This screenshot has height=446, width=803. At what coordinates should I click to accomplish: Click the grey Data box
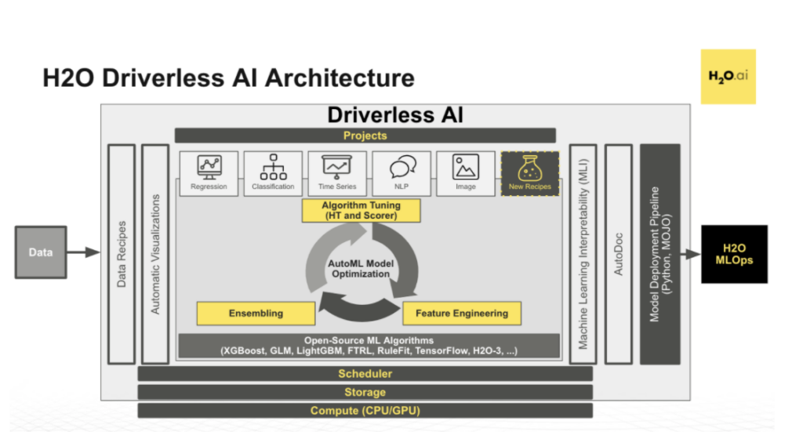pyautogui.click(x=41, y=252)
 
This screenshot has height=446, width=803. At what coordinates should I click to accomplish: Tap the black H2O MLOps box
pyautogui.click(x=733, y=254)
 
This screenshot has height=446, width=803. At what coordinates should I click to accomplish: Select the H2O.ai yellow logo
pyautogui.click(x=728, y=77)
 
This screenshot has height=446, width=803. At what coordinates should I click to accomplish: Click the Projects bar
pyautogui.click(x=365, y=136)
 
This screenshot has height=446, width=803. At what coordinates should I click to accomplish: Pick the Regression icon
pyautogui.click(x=209, y=166)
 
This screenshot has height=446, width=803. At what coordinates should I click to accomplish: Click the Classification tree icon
pyautogui.click(x=273, y=166)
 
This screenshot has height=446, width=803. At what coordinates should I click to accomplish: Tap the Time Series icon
pyautogui.click(x=337, y=166)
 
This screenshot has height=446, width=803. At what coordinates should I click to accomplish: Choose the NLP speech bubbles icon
pyautogui.click(x=401, y=166)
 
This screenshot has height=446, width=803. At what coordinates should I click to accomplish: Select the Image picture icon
pyautogui.click(x=466, y=166)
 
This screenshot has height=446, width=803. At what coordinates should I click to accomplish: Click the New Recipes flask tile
pyautogui.click(x=530, y=172)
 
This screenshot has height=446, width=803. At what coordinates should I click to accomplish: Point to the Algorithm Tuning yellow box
pyautogui.click(x=362, y=210)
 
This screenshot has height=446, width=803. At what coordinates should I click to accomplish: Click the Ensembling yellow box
pyautogui.click(x=256, y=313)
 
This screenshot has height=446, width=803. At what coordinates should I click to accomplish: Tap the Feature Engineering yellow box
pyautogui.click(x=461, y=313)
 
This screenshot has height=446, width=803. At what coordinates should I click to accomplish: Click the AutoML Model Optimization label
pyautogui.click(x=360, y=268)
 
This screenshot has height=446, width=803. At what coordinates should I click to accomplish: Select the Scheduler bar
pyautogui.click(x=365, y=374)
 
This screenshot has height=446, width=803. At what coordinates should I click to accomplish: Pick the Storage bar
pyautogui.click(x=365, y=392)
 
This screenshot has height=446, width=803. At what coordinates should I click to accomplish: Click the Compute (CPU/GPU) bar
pyautogui.click(x=365, y=410)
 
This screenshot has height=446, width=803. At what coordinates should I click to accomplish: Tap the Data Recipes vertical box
pyautogui.click(x=122, y=253)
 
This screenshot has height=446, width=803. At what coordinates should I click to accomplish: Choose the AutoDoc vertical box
pyautogui.click(x=618, y=253)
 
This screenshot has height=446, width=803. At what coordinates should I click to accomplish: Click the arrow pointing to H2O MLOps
pyautogui.click(x=690, y=254)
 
